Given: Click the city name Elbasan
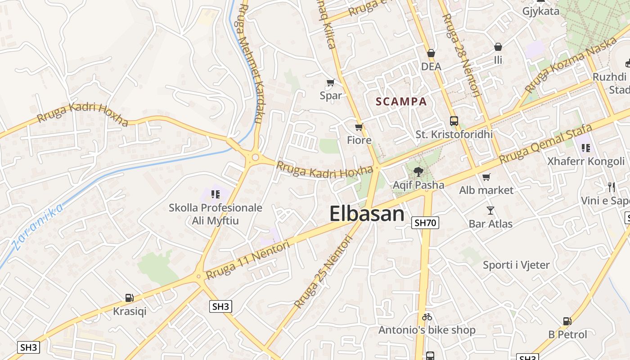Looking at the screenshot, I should coord(367,213).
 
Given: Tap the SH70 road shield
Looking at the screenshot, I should coord(425,222).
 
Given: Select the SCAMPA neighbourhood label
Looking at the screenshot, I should coord(401,102).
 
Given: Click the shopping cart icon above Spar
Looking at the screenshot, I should coord(331,82).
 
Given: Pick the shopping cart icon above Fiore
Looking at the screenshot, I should coord(359,127).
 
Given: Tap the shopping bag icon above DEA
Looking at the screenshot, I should coord(431,54).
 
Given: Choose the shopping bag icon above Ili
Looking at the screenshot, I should coord(498,47).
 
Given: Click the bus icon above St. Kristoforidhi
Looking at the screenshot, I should coord(454,121).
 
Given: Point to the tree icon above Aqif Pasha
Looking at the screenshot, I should coord(418,171).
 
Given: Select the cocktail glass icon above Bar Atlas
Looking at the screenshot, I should coord(490,210).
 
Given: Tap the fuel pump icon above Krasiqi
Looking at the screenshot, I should coord(130,297).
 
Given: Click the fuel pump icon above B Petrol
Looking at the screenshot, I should coord(567,321).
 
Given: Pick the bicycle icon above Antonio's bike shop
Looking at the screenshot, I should coord(427,317).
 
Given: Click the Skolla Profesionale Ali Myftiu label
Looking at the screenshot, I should coord(216,214).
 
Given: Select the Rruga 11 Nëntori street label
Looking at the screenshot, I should coord(247,259).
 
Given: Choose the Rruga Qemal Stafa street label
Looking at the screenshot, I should coord(546,144).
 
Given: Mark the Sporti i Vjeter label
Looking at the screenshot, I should coord(516,265).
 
